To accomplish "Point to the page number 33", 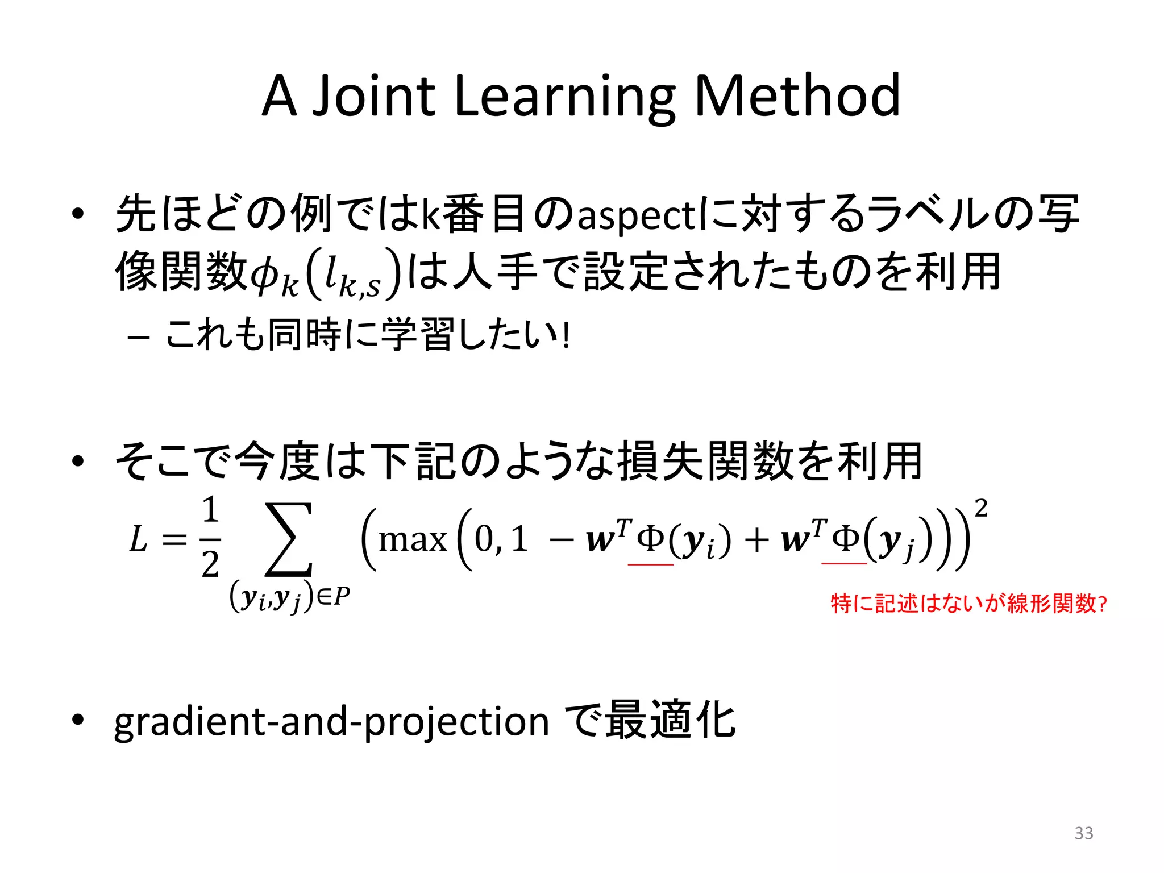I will click(x=1083, y=833).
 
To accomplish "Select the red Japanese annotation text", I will click(x=968, y=604).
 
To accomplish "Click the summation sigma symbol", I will click(x=289, y=539).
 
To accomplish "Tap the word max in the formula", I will click(x=413, y=540).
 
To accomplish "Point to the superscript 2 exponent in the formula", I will click(x=981, y=508).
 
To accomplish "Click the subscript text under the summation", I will click(x=289, y=597).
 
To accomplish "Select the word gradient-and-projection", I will click(x=331, y=722).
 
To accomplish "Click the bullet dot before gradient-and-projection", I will click(x=78, y=720).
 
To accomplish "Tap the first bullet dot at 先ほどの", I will click(x=78, y=214).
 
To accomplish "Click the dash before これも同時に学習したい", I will click(x=139, y=338).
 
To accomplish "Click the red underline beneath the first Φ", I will click(x=650, y=564).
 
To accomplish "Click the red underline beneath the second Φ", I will click(x=844, y=563).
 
